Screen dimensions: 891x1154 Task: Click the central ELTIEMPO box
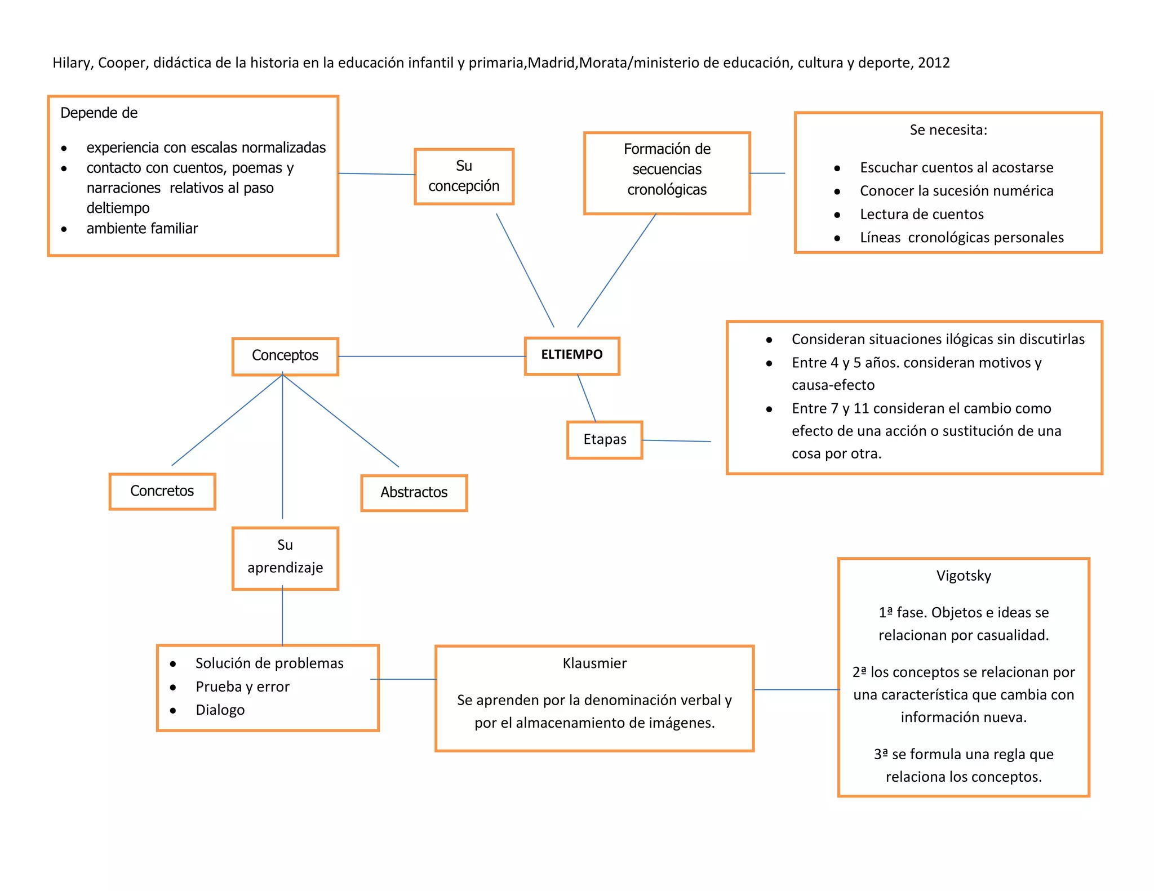[x=572, y=355]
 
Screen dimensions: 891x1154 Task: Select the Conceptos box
[x=285, y=356]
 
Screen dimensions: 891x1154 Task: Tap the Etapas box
[x=605, y=440]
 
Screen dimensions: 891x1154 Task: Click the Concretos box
[x=162, y=491]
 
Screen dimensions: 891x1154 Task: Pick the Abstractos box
[x=414, y=493]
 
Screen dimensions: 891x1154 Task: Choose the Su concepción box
[x=464, y=176]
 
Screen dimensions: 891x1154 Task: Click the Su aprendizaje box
[x=285, y=558]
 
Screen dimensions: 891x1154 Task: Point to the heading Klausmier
[x=594, y=663]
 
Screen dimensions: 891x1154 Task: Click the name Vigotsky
[x=964, y=576]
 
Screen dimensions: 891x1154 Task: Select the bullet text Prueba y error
[x=242, y=687]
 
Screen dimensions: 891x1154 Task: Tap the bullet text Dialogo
[x=220, y=710]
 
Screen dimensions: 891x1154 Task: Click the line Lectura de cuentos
[x=922, y=214]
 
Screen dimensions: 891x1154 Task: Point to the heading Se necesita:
[x=948, y=130]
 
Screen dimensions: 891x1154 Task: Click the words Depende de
[x=99, y=113]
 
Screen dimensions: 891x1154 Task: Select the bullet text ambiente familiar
[x=142, y=229]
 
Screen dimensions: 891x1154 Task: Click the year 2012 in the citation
[x=934, y=63]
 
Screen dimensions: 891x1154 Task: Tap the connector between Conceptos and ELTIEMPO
[x=432, y=357]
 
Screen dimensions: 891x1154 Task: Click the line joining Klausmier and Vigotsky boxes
[x=796, y=689]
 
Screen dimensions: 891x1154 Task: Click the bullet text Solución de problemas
[x=269, y=663]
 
